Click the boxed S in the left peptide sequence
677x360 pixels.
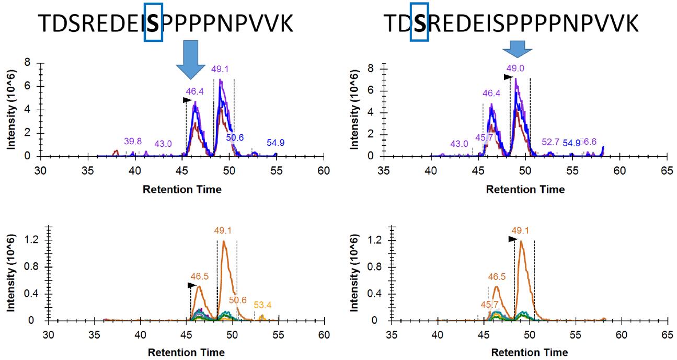point(153,23)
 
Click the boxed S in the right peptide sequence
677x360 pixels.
point(419,23)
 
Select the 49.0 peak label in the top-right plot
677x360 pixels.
point(515,68)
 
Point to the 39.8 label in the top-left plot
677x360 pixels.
point(133,141)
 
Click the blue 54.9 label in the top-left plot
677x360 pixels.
point(276,143)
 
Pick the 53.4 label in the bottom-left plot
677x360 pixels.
point(263,305)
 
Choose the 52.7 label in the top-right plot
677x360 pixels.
point(550,142)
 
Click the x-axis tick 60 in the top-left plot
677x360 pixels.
point(324,170)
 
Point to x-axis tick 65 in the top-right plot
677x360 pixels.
point(666,170)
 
